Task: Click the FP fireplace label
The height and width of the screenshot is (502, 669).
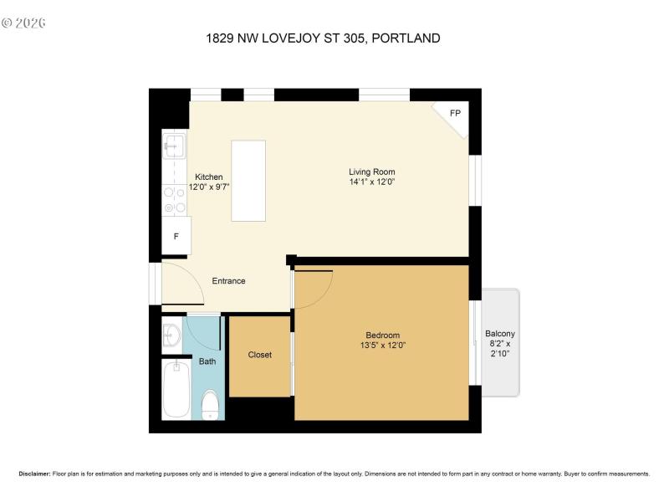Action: (x=455, y=114)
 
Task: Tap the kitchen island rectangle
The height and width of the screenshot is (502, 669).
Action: (x=248, y=181)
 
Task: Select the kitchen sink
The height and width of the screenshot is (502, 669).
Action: (x=174, y=147)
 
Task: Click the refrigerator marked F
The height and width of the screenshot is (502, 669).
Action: (x=176, y=236)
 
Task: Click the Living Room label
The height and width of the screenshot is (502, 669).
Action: (x=372, y=172)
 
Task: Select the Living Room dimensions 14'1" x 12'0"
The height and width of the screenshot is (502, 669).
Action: (x=372, y=182)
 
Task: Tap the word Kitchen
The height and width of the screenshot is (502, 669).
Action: (x=209, y=177)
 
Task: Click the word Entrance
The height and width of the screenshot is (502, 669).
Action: (x=228, y=281)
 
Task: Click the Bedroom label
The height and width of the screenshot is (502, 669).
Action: (x=383, y=335)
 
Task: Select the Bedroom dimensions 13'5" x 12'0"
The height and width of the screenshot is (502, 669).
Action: (x=383, y=345)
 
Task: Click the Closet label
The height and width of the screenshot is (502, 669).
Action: (x=260, y=355)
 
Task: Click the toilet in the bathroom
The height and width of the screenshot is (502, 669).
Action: (x=211, y=407)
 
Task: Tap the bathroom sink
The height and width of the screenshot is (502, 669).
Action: (x=171, y=335)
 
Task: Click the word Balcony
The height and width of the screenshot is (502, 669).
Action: (x=500, y=335)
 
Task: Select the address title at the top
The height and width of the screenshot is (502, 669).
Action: (x=323, y=38)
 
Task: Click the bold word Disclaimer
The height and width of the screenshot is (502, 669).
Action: (x=34, y=474)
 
